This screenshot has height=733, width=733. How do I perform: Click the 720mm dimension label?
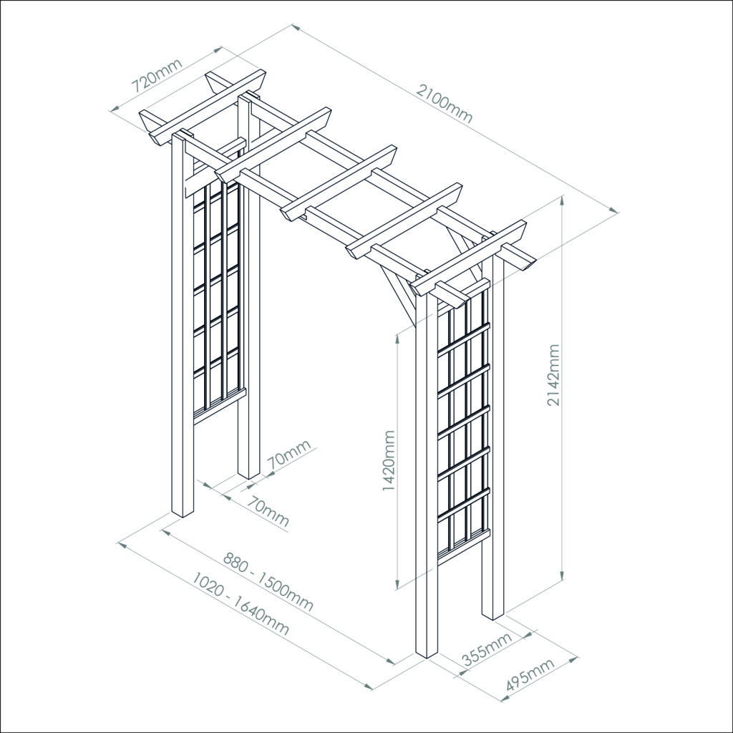pos(157,76)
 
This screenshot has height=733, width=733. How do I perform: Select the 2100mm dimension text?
pos(445,104)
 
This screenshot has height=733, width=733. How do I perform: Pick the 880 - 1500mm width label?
pos(268,581)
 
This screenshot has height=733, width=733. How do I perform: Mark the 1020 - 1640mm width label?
pos(241,604)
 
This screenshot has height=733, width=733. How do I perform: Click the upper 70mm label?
pos(289,456)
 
